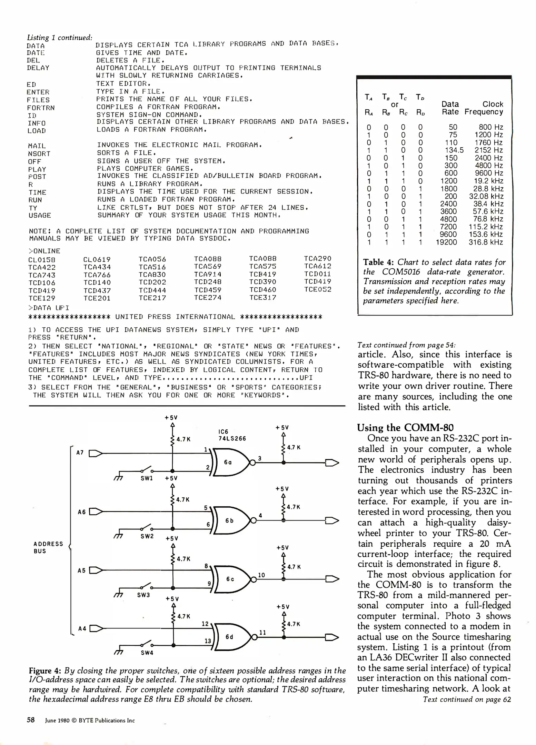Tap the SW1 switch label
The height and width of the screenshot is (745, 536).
point(147,478)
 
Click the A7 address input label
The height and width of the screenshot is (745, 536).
point(80,453)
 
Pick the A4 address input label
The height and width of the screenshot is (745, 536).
point(82,628)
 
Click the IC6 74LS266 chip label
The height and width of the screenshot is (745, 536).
point(232,435)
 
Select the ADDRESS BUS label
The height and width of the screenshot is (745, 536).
point(48,547)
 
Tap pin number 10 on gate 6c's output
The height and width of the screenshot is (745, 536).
point(261,575)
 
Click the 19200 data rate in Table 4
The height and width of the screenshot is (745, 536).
point(446,242)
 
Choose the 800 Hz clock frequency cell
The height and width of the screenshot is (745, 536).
point(490,127)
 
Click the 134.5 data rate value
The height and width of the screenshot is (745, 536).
point(454,150)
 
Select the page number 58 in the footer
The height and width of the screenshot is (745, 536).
point(31,720)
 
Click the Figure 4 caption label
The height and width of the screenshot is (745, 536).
point(45,671)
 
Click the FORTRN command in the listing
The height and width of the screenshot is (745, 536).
point(41,108)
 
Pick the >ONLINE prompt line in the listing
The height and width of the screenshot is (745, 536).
point(44,251)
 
